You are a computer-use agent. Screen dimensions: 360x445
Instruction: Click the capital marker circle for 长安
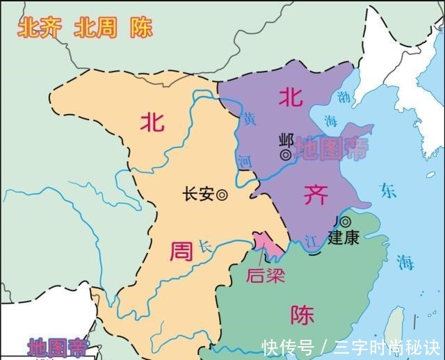tap(222, 195)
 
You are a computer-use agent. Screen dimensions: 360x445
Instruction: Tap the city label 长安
tap(197, 195)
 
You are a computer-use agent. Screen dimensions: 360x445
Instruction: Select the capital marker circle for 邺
tap(284, 152)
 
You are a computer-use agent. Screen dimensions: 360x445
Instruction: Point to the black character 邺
tap(284, 138)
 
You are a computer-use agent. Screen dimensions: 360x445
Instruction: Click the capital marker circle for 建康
tap(346, 221)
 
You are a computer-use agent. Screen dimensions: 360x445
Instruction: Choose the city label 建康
tap(344, 237)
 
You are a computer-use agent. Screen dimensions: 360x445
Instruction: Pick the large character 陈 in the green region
tap(302, 316)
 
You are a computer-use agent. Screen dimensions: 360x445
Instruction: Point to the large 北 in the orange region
tap(152, 123)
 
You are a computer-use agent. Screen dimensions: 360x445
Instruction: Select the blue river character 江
tap(311, 242)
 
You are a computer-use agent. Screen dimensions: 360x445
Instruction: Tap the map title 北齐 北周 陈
tap(85, 28)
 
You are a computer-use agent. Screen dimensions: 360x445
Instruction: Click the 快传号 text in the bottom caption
tap(288, 345)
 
